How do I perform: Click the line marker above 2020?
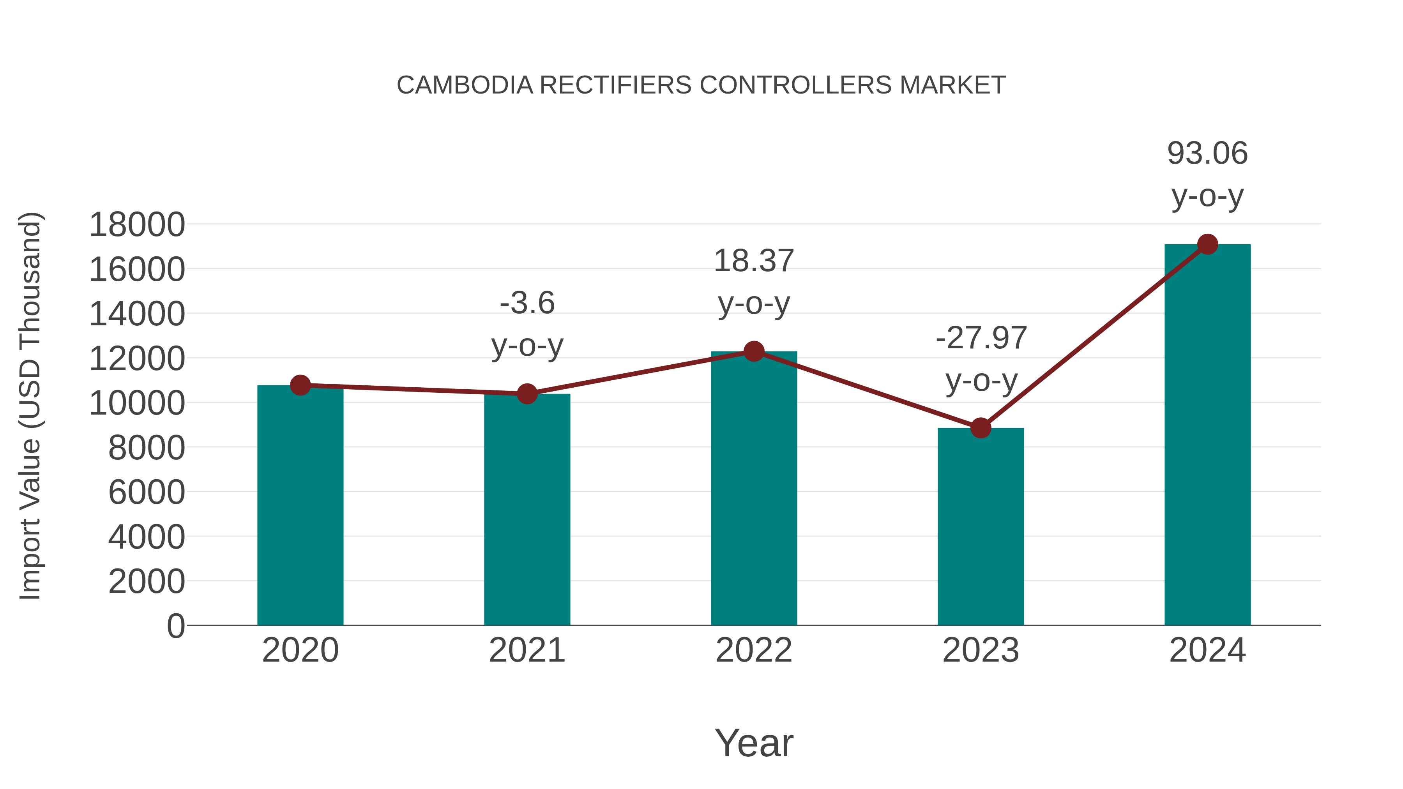tap(300, 385)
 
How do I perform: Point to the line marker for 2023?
tap(981, 428)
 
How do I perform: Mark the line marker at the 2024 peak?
tap(1207, 244)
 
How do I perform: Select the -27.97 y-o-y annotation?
tap(981, 359)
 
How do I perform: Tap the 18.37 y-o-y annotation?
tap(754, 282)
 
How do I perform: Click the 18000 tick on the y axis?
tap(137, 224)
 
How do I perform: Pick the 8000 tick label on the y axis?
tap(147, 448)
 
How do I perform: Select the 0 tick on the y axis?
tap(176, 626)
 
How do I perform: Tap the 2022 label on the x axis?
tap(754, 650)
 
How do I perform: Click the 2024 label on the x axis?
tap(1207, 650)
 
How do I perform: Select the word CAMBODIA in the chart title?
tap(465, 85)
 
